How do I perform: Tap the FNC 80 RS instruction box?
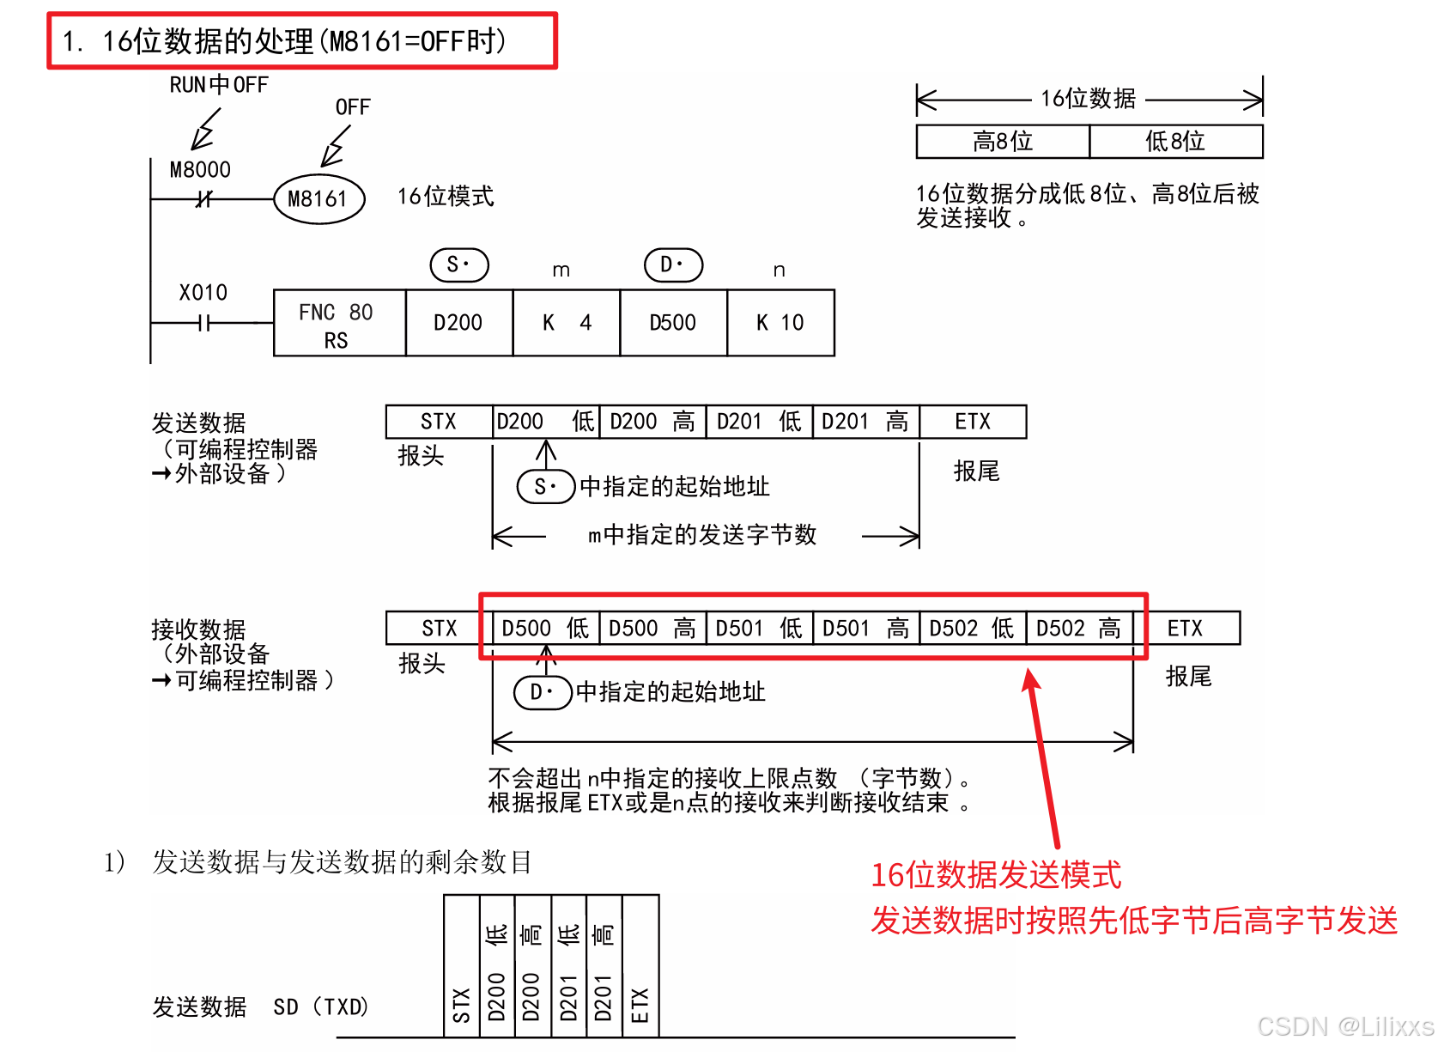pos(338,324)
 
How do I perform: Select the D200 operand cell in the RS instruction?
pos(458,324)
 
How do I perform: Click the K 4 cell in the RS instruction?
pos(567,324)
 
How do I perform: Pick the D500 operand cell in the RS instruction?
pos(673,324)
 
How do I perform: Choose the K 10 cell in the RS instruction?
pos(780,324)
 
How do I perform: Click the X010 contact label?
pos(203,293)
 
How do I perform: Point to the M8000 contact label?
pos(200,170)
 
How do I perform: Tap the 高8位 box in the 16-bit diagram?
pos(1003,142)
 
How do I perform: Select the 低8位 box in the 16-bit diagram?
pos(1176,142)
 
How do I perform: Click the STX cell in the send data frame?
pos(439,422)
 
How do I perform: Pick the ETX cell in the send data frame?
pos(973,422)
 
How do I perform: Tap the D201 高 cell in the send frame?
pos(865,422)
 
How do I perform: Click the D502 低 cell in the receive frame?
pos(973,629)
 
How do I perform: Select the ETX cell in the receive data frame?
pos(1186,629)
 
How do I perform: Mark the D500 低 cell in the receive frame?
pos(545,629)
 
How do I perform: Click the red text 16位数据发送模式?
pos(996,875)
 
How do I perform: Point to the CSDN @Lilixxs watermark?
pos(1344,1026)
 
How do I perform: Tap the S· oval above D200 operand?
pos(459,265)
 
